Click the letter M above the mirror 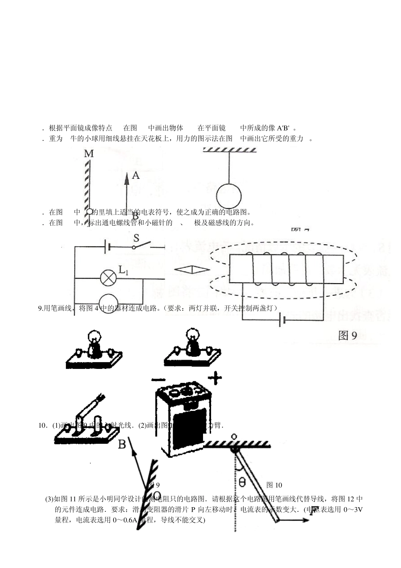click(x=89, y=154)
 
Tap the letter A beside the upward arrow click(x=135, y=175)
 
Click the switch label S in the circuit click(x=136, y=238)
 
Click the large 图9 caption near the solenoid click(x=348, y=336)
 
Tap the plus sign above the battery click(x=215, y=378)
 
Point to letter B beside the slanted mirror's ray click(x=122, y=444)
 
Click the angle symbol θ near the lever click(x=242, y=482)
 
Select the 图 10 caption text click(x=274, y=485)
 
